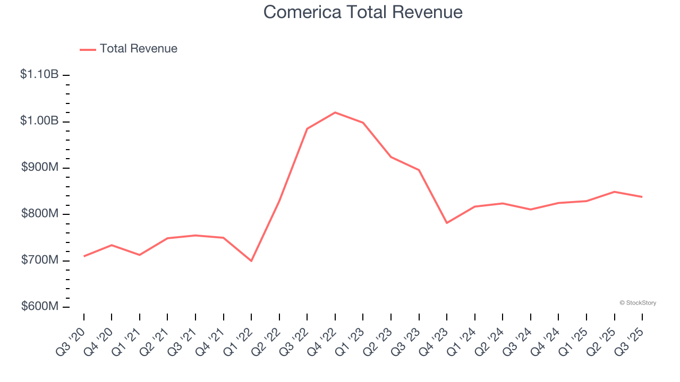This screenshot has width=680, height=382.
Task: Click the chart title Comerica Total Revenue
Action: pos(363,12)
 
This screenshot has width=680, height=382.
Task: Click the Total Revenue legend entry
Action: pos(129,49)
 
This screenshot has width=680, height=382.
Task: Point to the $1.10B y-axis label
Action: pos(39,74)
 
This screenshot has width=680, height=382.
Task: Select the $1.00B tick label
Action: pos(39,121)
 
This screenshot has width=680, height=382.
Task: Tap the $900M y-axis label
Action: pos(40,167)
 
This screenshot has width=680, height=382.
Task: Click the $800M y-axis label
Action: pos(40,214)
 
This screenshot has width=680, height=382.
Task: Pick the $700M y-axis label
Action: pos(40,261)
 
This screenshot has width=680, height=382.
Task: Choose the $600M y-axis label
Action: pos(40,307)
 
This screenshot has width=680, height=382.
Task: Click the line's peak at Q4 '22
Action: pos(335,112)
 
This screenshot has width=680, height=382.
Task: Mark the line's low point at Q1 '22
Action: pos(251,261)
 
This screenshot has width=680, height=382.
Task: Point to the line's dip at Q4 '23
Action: pos(447,223)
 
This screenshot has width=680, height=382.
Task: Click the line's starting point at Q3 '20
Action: pos(84,256)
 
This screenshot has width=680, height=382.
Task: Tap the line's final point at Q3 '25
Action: pos(642,197)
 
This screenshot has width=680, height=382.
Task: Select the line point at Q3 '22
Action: pos(307,129)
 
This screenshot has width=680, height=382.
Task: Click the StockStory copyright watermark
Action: pos(637,303)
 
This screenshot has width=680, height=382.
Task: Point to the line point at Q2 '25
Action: pos(615,192)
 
